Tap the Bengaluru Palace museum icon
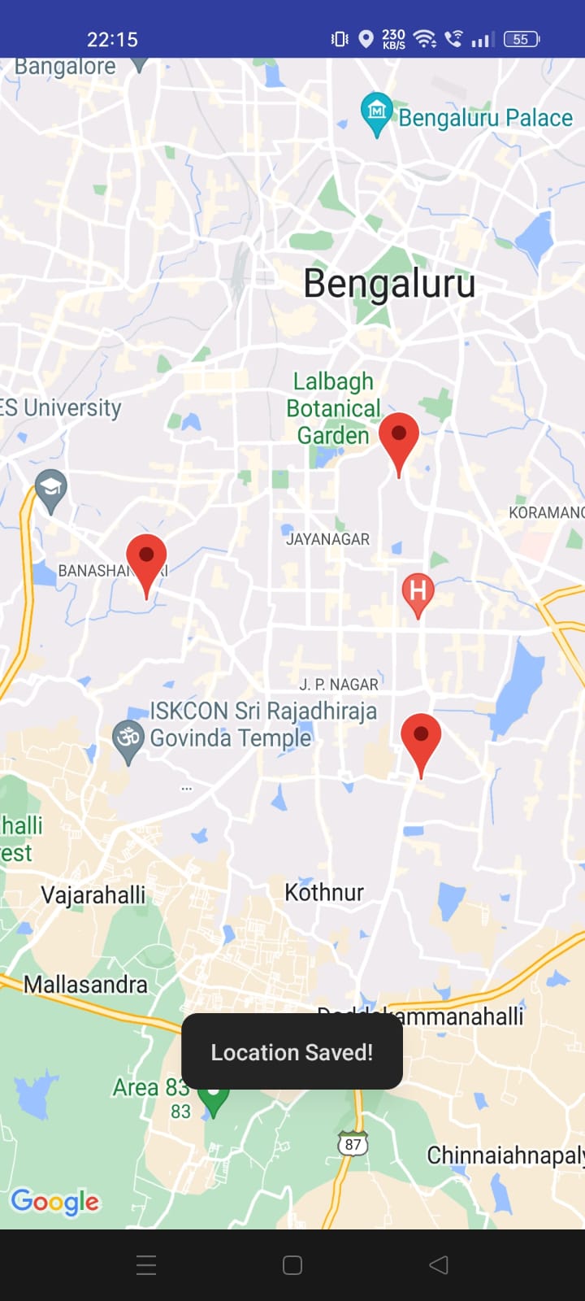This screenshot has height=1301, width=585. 376,111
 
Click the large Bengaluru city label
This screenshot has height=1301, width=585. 389,284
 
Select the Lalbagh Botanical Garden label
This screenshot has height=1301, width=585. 333,408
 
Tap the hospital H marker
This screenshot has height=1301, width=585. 418,591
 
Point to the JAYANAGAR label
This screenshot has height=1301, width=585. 327,539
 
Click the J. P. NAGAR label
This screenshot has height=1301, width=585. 339,685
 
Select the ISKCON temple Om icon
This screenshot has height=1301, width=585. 128,738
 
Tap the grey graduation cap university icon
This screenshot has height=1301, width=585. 50,489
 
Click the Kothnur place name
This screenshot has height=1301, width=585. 324,892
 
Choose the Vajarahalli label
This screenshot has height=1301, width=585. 93,895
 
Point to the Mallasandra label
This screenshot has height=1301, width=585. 85,985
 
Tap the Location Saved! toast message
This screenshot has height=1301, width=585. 292,1052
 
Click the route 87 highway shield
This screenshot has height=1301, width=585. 353,1144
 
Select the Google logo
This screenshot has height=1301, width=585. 54,1201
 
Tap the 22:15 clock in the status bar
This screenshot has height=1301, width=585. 112,39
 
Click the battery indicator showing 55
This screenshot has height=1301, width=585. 521,39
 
